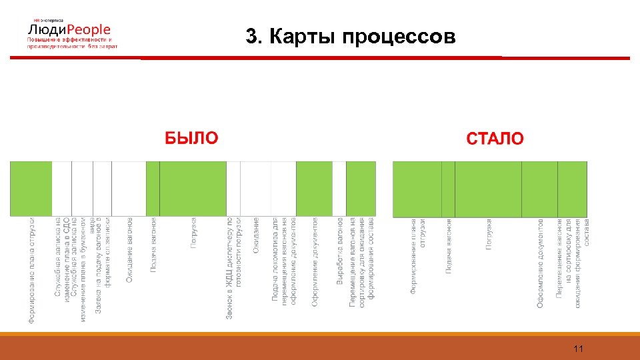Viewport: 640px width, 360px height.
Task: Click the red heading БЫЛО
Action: click(x=191, y=138)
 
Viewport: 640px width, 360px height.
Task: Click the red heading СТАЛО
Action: click(x=495, y=139)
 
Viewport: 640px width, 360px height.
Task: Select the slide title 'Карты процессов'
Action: click(x=351, y=37)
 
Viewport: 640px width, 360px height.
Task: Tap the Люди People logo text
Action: click(x=69, y=30)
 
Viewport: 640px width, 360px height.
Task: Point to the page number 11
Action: click(x=578, y=349)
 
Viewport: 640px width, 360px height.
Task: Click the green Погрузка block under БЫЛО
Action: click(x=193, y=189)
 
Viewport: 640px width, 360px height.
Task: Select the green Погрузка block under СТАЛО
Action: click(x=488, y=189)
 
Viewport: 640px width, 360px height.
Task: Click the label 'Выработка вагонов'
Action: click(x=340, y=251)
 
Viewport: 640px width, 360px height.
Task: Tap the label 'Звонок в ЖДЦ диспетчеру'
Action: click(x=229, y=267)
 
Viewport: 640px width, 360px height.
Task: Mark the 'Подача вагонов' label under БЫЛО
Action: click(x=153, y=244)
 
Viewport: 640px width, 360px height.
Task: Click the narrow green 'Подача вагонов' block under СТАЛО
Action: click(x=448, y=189)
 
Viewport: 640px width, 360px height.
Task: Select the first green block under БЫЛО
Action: click(x=31, y=189)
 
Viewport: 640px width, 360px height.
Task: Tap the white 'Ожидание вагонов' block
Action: click(x=128, y=189)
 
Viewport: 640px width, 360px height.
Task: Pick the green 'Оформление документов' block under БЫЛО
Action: click(x=314, y=189)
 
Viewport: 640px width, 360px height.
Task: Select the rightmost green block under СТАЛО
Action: click(x=573, y=189)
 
